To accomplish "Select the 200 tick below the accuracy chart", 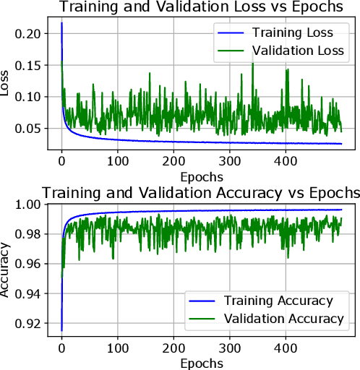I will [174, 348].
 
